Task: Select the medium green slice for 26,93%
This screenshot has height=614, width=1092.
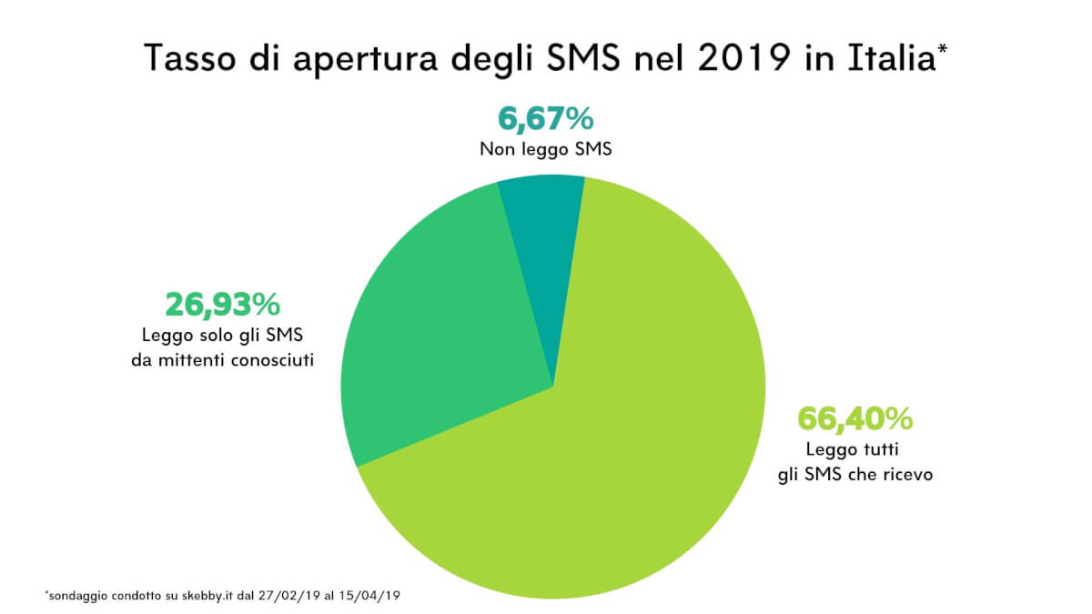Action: pos(437,337)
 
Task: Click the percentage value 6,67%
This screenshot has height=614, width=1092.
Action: pos(546,118)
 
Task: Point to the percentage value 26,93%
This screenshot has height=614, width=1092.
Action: pos(222,304)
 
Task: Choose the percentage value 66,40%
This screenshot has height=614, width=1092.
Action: pos(854,418)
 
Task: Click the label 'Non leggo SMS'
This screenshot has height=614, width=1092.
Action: pos(546,148)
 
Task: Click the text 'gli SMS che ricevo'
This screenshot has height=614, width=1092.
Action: pos(855,475)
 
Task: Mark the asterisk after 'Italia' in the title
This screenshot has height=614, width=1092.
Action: pos(942,50)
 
